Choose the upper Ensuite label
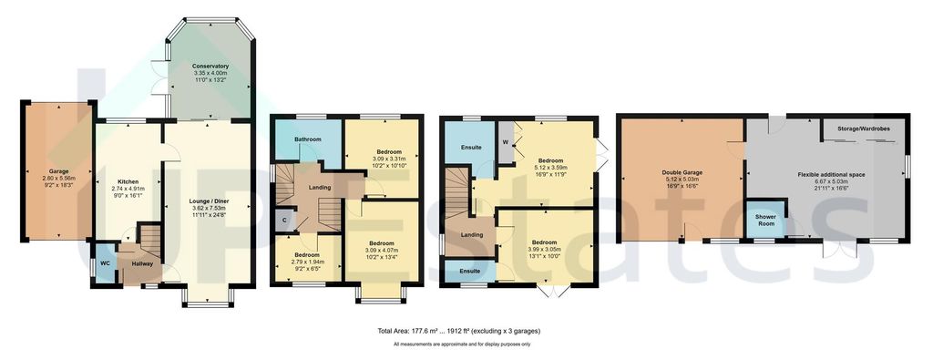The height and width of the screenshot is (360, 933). coord(470,147)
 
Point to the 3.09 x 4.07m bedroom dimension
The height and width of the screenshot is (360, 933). coord(381,251)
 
